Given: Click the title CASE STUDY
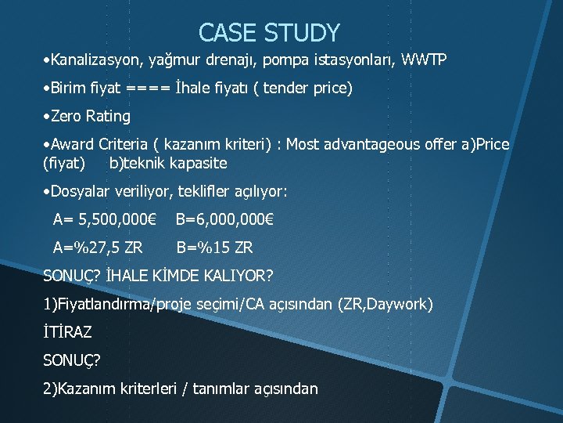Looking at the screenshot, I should click(269, 33).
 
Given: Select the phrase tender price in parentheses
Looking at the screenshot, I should click(307, 89).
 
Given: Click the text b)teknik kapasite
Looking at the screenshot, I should click(168, 163).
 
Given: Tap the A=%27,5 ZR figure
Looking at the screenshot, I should click(97, 248).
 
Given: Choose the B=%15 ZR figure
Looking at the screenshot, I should click(214, 248).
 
